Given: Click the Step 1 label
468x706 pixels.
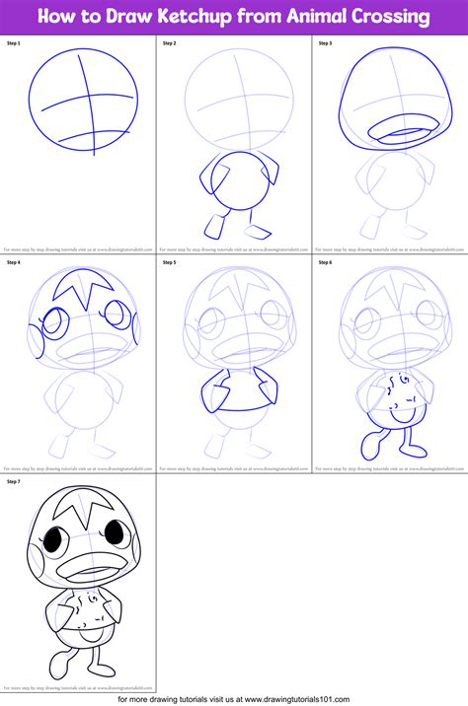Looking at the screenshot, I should point(14,44).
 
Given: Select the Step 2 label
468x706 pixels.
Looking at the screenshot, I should point(169,44).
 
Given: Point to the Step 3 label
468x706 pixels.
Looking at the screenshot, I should point(325,44).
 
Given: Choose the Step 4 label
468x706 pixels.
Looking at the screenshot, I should point(14,263).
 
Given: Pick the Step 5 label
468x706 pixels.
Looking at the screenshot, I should point(169,263).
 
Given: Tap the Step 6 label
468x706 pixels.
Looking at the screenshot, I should point(325,263).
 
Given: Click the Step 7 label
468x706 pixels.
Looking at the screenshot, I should point(14,482).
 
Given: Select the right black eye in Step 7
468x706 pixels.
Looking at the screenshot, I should point(116,535).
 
